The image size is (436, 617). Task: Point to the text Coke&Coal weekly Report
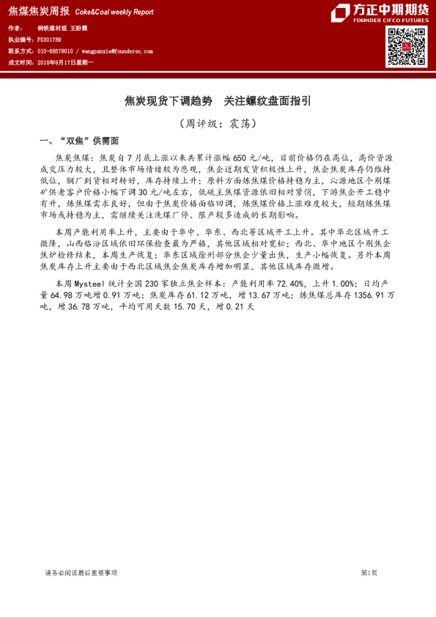[114, 12]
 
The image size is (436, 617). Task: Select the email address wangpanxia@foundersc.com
[118, 52]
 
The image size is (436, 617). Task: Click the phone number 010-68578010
[55, 52]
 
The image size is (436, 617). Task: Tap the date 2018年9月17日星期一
[65, 64]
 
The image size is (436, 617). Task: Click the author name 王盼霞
[78, 28]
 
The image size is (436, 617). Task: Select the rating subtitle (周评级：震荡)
[218, 124]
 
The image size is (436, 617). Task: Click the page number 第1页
[369, 572]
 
